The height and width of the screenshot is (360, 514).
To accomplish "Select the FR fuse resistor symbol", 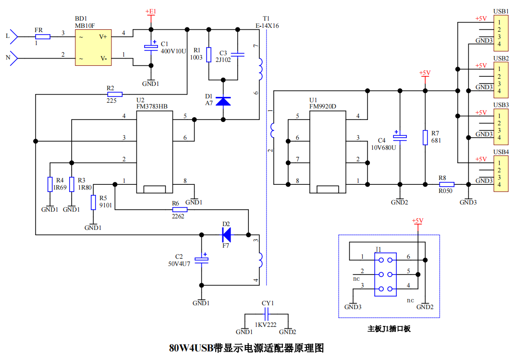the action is (x=43, y=36).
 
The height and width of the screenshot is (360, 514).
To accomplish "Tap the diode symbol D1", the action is (x=223, y=101).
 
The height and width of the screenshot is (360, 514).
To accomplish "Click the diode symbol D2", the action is (x=226, y=235).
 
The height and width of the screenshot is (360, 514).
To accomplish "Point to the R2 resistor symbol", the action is (x=115, y=95).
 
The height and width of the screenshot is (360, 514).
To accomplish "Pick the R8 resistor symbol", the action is (x=446, y=184).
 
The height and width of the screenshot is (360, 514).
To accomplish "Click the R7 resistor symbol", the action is (x=425, y=138).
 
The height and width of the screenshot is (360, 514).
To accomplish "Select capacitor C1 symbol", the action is (x=151, y=48).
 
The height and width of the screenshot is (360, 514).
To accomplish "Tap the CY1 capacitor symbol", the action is (x=267, y=314).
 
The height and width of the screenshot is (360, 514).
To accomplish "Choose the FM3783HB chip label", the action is (x=152, y=107).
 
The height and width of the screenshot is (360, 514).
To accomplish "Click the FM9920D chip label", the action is (x=322, y=107).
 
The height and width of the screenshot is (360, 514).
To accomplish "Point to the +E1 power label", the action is (x=151, y=12).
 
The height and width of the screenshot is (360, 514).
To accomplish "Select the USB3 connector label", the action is (x=501, y=105).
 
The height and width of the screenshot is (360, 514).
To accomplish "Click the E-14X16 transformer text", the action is (x=267, y=25).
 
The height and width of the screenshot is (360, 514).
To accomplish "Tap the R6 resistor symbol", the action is (x=180, y=210).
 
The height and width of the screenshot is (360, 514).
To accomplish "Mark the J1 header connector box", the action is (x=385, y=275).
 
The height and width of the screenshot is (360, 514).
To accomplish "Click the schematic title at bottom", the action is (x=246, y=348).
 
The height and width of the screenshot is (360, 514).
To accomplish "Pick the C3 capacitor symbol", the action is (x=238, y=55).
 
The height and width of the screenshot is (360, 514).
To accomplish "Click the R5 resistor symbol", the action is (x=93, y=203).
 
